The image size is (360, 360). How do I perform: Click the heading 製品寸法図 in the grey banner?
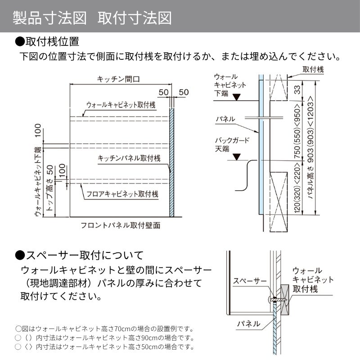[x=49, y=18]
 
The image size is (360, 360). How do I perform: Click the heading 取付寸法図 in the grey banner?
[x=135, y=18]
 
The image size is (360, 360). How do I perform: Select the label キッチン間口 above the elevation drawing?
[x=118, y=79]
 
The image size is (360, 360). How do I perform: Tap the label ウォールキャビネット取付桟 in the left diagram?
[x=121, y=105]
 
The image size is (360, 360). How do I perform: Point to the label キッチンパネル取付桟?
[x=129, y=158]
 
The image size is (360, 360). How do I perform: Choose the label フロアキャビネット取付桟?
[x=122, y=194]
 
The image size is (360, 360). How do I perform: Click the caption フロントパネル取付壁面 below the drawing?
[x=121, y=225]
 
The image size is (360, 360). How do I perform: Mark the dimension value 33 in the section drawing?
[x=297, y=90]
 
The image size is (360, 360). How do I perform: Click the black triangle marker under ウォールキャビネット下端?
[x=237, y=97]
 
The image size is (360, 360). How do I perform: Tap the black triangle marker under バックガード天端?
[x=237, y=157]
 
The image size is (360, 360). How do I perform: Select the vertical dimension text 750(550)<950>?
[x=297, y=131]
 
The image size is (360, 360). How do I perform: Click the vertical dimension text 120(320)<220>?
[x=297, y=187]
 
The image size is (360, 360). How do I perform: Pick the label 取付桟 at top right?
[x=313, y=69]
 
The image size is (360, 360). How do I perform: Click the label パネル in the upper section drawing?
[x=225, y=119]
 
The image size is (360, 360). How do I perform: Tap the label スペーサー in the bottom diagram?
[x=250, y=280]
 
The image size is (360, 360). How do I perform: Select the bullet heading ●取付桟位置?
[x=47, y=41]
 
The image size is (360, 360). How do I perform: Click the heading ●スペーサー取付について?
[x=79, y=255]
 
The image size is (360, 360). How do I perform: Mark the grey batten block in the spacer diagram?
[x=285, y=300]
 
